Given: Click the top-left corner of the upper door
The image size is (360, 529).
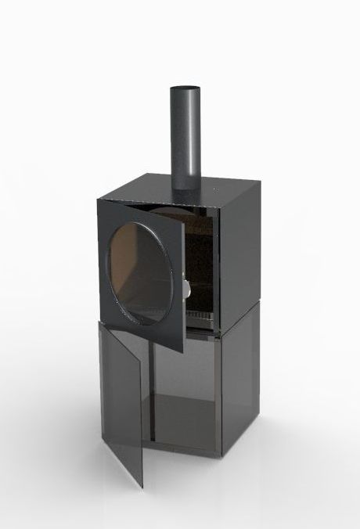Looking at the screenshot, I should [99, 200].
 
